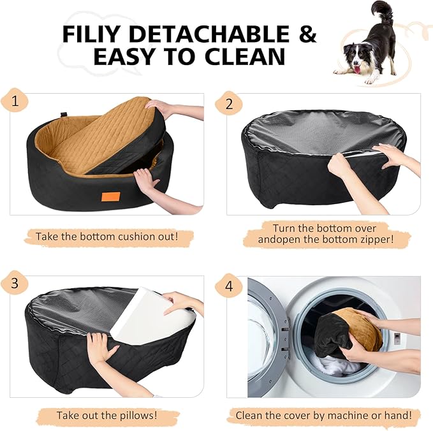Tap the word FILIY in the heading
(x=94, y=34)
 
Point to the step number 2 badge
(x=228, y=103)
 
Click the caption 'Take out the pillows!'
(x=106, y=415)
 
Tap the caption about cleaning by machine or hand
(x=328, y=415)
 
